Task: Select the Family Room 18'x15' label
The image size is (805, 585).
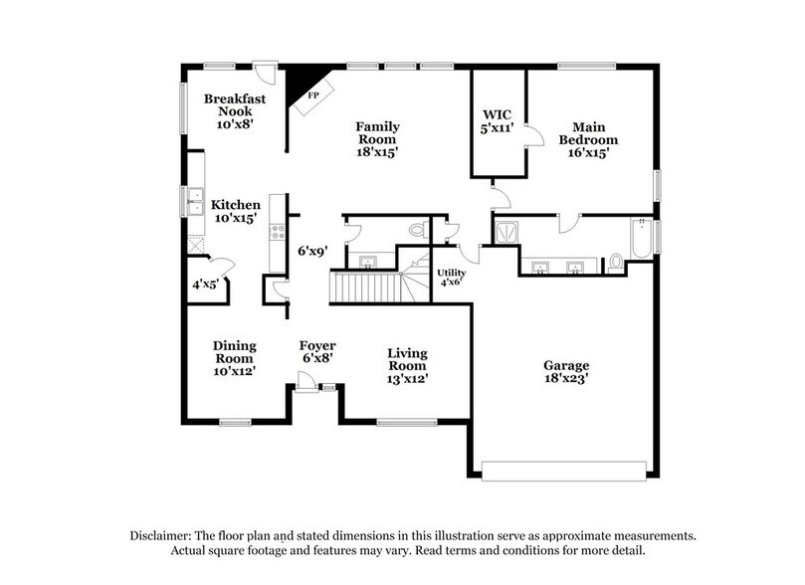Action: [378, 139]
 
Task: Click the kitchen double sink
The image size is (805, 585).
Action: [191, 201]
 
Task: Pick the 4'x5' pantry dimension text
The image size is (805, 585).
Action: [206, 286]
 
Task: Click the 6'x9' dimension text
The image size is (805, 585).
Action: [313, 252]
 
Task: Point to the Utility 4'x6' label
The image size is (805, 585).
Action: [452, 277]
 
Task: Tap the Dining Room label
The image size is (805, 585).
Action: [235, 358]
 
